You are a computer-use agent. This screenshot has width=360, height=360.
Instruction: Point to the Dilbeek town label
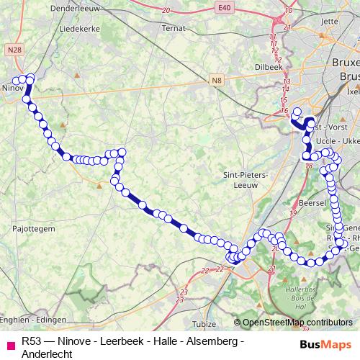267,66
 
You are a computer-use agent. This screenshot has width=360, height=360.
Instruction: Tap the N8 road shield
217,81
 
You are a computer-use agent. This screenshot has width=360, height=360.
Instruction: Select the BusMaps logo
326,345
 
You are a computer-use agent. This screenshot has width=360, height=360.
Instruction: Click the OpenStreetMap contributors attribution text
297,323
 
